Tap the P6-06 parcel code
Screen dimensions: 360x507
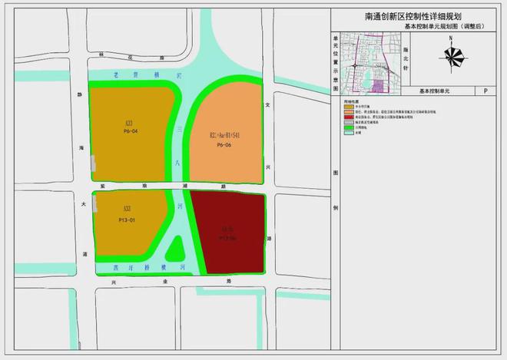pos(224,145)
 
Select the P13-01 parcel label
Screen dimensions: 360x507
pos(127,220)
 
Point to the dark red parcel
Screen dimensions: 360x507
pos(228,233)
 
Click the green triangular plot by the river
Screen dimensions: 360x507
pos(176,249)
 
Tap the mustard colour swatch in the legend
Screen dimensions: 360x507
pos(339,107)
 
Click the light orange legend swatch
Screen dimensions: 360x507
pos(339,113)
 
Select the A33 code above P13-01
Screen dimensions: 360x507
pos(127,209)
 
